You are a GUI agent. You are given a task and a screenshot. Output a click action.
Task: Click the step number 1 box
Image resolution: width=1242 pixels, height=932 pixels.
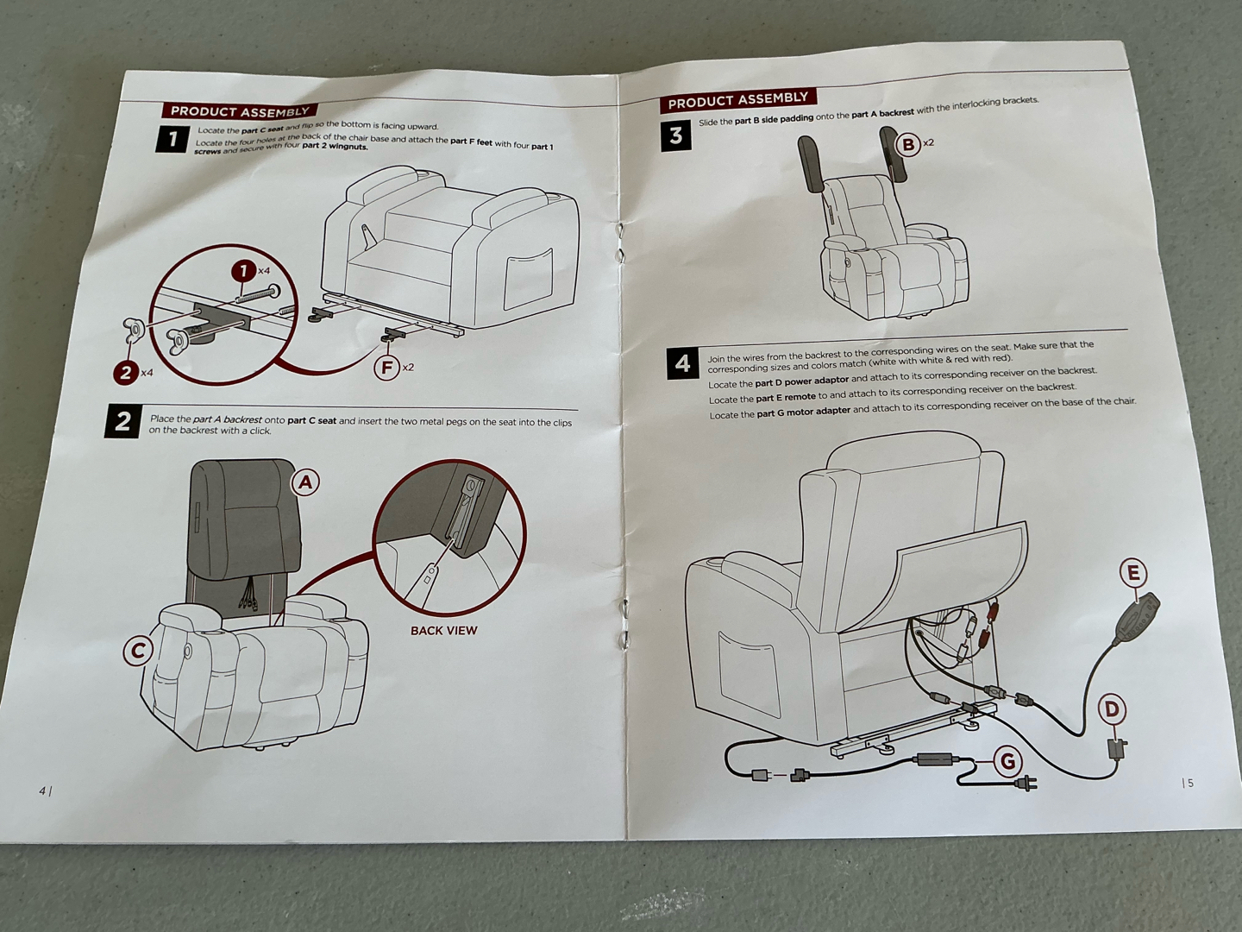[x=172, y=139]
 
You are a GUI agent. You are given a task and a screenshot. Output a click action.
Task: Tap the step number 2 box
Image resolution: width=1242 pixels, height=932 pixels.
[x=123, y=421]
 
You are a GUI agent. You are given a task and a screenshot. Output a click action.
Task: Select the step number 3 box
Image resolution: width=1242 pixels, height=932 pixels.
[x=676, y=135]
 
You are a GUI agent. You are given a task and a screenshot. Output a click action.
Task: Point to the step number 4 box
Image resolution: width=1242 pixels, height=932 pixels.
[x=682, y=364]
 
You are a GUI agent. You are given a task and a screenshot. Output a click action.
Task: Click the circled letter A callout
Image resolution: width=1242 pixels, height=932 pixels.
[x=305, y=482]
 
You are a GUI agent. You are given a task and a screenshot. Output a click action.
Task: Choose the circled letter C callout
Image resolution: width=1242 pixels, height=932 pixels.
[x=138, y=651]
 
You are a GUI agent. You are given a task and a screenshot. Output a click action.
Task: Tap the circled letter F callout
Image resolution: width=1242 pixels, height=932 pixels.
[x=387, y=368]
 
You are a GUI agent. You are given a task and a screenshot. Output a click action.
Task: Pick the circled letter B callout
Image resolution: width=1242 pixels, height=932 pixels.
[x=908, y=144]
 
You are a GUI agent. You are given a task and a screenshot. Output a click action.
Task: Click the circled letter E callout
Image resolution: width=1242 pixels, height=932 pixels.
[x=1133, y=573]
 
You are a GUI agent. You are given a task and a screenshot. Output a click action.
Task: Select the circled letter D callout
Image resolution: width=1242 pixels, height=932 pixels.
[x=1112, y=709]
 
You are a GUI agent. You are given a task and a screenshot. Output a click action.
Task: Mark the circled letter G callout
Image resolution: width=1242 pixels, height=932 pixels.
[x=1007, y=761]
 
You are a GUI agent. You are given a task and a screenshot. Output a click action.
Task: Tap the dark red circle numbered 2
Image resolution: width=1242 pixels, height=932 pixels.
[x=126, y=374]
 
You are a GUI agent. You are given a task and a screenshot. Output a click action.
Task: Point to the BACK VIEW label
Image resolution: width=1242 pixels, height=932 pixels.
[x=443, y=631]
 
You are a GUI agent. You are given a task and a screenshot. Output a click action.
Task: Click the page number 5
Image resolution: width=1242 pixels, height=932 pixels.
[x=1189, y=783]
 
